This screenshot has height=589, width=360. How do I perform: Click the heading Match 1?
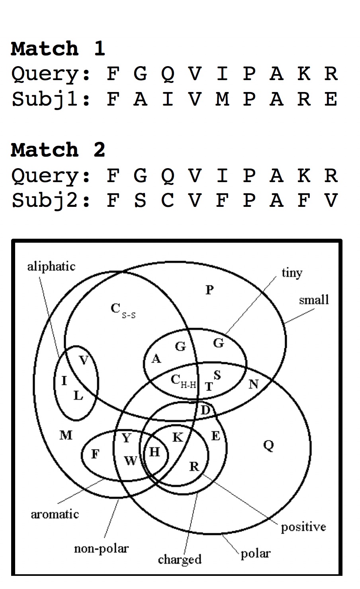[x=58, y=49]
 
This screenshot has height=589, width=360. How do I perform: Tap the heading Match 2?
[x=58, y=150]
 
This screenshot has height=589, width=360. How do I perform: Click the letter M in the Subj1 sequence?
[x=222, y=99]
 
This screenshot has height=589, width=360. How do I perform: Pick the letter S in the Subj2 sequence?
[x=140, y=200]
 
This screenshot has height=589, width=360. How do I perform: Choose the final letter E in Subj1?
[x=331, y=99]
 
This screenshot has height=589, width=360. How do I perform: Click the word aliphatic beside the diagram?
[x=51, y=266]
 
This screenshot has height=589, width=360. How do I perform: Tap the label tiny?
[x=292, y=273]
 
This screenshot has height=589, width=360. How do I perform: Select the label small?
[x=314, y=300]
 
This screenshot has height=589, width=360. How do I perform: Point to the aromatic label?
[x=55, y=514]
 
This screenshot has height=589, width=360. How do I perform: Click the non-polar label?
[x=101, y=548]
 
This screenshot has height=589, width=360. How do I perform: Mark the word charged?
[x=180, y=560]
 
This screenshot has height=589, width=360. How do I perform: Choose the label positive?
[x=303, y=527]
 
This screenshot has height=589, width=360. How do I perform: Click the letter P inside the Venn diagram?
[x=210, y=290]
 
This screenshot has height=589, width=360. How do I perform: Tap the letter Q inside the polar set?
[x=269, y=445]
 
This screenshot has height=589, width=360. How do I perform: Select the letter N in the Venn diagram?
[x=254, y=384]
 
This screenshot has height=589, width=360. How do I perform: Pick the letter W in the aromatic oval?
[x=130, y=461]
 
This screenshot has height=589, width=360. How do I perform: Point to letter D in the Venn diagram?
[x=205, y=410]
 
